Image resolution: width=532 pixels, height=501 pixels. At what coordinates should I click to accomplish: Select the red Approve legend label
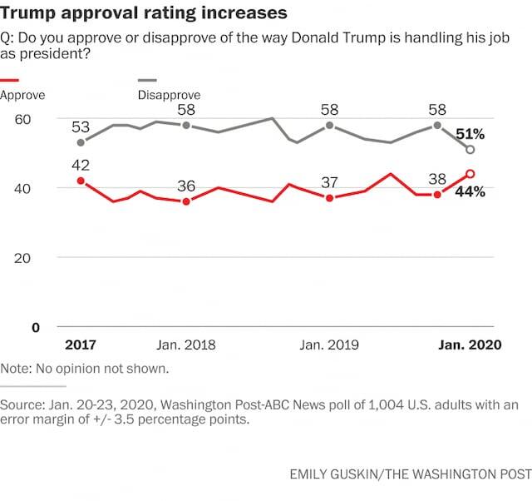point(22,95)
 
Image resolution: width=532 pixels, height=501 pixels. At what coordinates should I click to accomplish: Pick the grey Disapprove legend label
point(169,95)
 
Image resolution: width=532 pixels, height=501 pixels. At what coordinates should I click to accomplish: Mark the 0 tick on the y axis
point(36,327)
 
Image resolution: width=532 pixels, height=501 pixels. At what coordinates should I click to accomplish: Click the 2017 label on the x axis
point(81,345)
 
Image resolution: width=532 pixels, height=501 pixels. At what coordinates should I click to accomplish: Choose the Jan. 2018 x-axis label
point(185,345)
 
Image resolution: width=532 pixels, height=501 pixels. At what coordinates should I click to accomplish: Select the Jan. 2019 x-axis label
point(329,345)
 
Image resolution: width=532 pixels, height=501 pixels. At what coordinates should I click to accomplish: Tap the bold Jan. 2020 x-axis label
point(470,345)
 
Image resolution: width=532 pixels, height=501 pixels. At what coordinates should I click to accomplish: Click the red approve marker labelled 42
point(81,181)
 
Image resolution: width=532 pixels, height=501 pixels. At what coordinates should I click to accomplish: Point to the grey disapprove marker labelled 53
point(81,142)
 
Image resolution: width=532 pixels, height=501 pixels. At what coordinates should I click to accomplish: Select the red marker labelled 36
point(186,201)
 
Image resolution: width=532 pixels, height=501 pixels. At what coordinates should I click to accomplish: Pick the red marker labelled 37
point(330,198)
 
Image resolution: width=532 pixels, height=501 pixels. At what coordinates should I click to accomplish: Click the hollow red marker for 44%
point(470,174)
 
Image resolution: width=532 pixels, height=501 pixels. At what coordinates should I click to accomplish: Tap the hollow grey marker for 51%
point(470,150)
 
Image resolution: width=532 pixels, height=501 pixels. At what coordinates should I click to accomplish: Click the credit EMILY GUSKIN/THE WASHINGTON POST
point(410,474)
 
